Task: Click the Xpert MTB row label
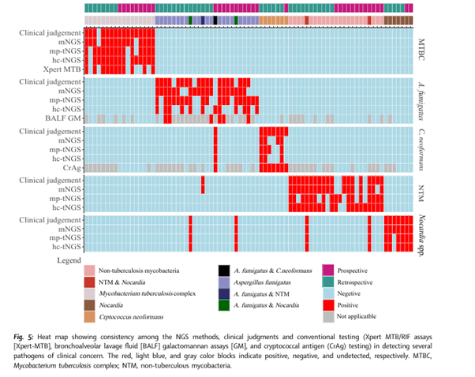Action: pyautogui.click(x=62, y=69)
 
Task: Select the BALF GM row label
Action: pyautogui.click(x=63, y=118)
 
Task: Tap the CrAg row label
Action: pyautogui.click(x=72, y=167)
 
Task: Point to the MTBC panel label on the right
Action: pyautogui.click(x=421, y=50)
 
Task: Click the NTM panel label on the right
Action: pyautogui.click(x=421, y=193)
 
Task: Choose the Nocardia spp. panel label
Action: pyautogui.click(x=421, y=236)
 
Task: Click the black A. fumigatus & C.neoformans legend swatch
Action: pyautogui.click(x=224, y=271)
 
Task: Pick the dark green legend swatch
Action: pyautogui.click(x=224, y=305)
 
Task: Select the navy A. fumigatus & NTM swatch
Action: pyautogui.click(x=224, y=293)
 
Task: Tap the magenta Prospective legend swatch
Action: pyautogui.click(x=328, y=271)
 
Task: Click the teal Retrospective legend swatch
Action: pyautogui.click(x=328, y=282)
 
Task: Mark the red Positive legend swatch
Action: pyautogui.click(x=328, y=305)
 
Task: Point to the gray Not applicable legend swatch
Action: pyautogui.click(x=328, y=317)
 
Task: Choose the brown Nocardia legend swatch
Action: pyautogui.click(x=90, y=305)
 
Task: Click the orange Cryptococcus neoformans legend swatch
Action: pyautogui.click(x=90, y=317)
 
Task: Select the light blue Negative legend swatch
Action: pyautogui.click(x=328, y=293)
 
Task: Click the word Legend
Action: pyautogui.click(x=69, y=260)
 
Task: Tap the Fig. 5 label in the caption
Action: pyautogui.click(x=24, y=337)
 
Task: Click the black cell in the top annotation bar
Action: pyautogui.click(x=215, y=21)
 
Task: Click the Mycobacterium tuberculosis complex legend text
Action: pyautogui.click(x=148, y=293)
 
